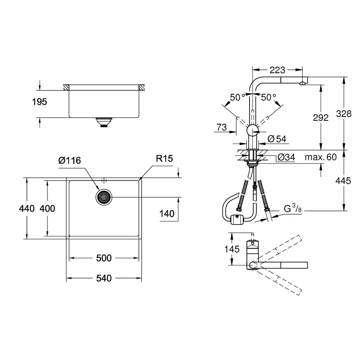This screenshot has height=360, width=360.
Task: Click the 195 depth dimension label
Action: (40, 102)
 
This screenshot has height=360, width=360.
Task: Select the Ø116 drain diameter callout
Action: (69, 160)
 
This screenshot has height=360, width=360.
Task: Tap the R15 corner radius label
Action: (165, 158)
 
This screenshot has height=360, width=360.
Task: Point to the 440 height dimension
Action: (27, 208)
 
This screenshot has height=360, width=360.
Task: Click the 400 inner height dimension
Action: (47, 208)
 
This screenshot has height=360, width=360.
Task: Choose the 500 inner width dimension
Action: (104, 258)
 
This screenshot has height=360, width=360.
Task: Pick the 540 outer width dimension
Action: (104, 278)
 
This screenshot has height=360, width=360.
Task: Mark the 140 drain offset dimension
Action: (167, 214)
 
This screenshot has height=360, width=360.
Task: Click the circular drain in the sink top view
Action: (104, 197)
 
